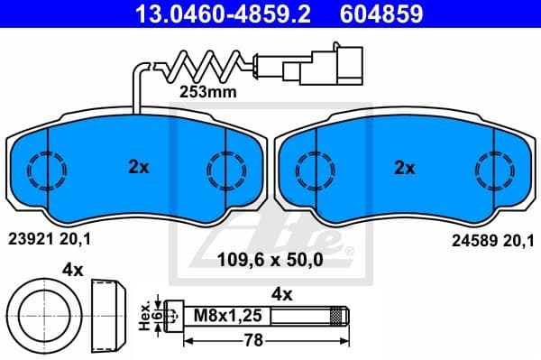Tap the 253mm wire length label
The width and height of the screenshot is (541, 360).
[x=207, y=91]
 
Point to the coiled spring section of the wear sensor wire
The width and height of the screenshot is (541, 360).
[x=204, y=64]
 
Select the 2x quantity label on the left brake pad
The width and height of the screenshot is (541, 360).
[x=137, y=167]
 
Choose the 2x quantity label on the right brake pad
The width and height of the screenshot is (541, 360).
[x=405, y=167]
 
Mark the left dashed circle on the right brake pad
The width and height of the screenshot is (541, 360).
[x=311, y=168]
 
